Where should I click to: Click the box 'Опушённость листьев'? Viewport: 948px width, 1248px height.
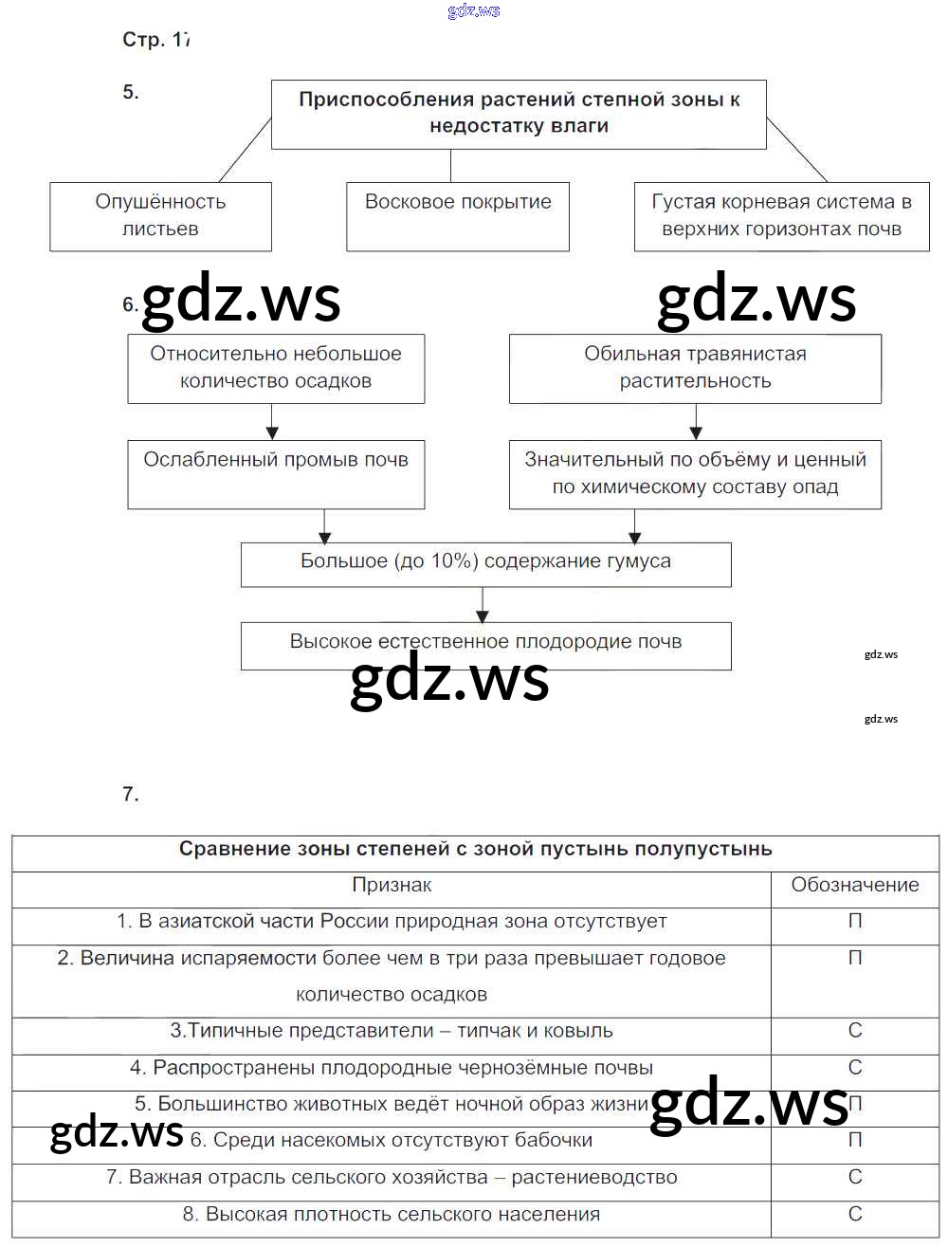coord(160,216)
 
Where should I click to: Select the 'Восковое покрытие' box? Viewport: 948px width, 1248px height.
coord(458,216)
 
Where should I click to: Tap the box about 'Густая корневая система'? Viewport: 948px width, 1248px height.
coord(781,216)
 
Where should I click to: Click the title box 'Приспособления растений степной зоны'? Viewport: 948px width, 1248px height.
coord(519,114)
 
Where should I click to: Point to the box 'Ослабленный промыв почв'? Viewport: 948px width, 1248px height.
coord(276,473)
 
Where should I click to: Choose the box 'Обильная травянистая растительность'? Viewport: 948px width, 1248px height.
coord(695,368)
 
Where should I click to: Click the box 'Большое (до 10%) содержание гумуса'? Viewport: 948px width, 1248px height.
coord(485,563)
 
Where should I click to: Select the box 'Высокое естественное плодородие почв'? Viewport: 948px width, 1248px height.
coord(485,645)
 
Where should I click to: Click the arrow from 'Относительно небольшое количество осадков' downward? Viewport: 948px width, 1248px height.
coord(273,421)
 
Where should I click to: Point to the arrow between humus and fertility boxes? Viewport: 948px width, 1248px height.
coord(483,604)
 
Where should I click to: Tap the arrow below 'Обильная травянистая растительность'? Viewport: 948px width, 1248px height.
coord(696,421)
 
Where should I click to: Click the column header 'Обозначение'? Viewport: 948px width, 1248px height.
coord(855,885)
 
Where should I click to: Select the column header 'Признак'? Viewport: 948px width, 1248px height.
coord(392,885)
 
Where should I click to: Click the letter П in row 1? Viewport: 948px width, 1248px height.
coord(855,922)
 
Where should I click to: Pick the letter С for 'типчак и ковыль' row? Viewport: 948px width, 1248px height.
coord(855,1031)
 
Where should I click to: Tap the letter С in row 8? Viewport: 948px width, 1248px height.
coord(855,1214)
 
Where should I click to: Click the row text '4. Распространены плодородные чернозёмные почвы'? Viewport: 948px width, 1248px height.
coord(392,1068)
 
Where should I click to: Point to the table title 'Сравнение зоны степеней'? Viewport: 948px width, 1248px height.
coord(475,850)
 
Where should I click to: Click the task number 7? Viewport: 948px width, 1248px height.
coord(131,795)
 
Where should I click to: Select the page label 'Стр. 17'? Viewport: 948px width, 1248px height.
coord(156,40)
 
